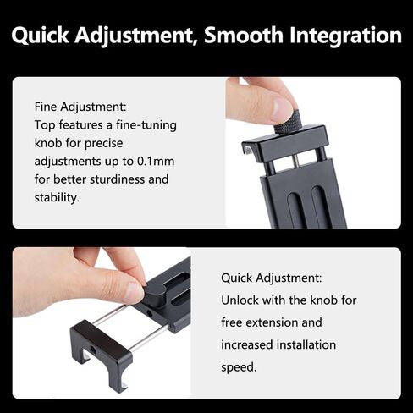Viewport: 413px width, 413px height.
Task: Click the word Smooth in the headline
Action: pyautogui.click(x=244, y=35)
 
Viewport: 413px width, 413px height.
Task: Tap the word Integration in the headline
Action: pyautogui.click(x=345, y=36)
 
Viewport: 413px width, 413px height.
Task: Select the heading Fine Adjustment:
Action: pyautogui.click(x=80, y=107)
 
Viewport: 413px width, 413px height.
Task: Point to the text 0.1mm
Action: pyautogui.click(x=156, y=162)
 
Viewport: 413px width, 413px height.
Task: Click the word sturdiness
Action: pyautogui.click(x=117, y=179)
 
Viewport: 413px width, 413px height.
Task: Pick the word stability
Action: pyautogui.click(x=57, y=197)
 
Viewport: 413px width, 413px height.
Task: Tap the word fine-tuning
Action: pyautogui.click(x=146, y=126)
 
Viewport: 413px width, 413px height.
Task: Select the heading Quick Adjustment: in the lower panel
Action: pyautogui.click(x=271, y=278)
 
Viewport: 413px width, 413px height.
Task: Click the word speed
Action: pyautogui.click(x=239, y=367)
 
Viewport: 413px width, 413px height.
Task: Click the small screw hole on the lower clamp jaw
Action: pyautogui.click(x=93, y=350)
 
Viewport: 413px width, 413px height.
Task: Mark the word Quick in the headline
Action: pyautogui.click(x=40, y=36)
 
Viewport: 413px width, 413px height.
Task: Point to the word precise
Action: pyautogui.click(x=104, y=144)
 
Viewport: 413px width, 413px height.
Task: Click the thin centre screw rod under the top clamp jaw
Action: pyautogui.click(x=296, y=162)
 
